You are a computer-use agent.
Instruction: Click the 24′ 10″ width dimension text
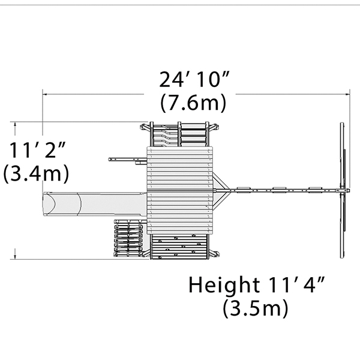194,79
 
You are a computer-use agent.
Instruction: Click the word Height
224,285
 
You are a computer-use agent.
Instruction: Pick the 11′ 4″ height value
296,284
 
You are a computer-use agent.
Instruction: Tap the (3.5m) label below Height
256,308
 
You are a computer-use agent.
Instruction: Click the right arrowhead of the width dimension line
347,94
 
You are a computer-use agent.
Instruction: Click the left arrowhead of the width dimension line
45,94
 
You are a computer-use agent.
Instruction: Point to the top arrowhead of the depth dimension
15,124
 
